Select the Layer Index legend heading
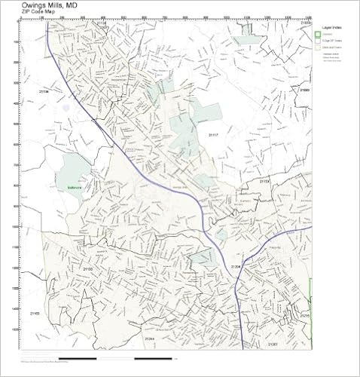[x=331, y=27]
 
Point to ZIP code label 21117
[x=213, y=135]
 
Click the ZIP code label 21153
[x=264, y=182]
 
